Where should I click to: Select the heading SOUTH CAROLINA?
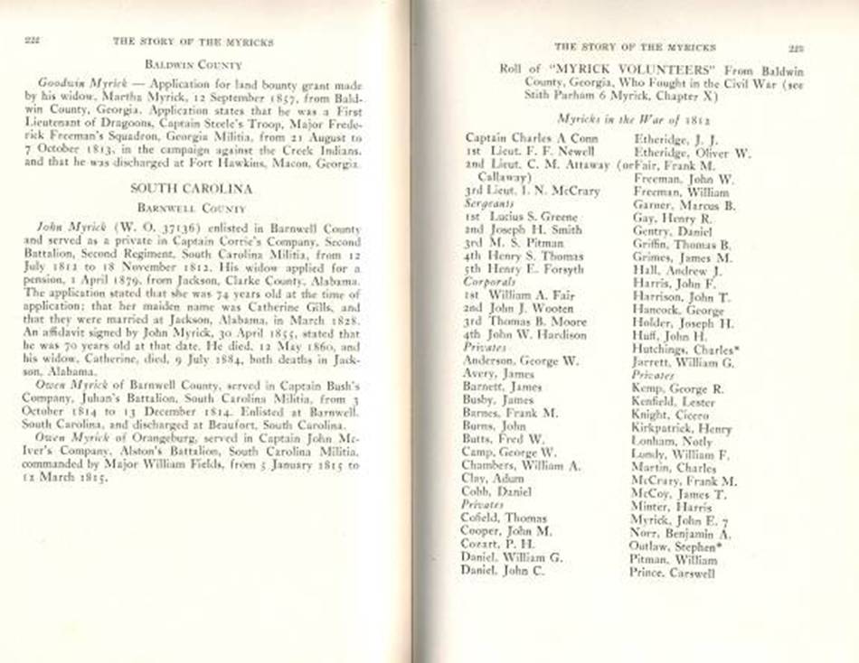coord(190,189)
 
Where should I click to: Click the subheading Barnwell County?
coord(192,207)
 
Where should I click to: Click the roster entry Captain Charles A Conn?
coord(531,138)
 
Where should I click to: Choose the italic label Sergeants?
coord(487,204)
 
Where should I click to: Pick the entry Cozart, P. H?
coord(498,545)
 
